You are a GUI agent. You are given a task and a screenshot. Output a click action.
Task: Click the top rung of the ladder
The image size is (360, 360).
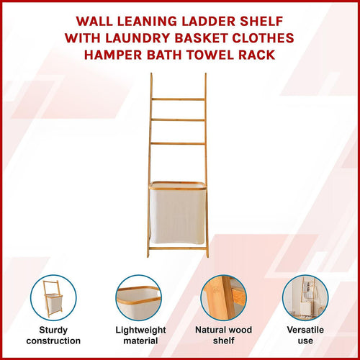tap(178, 99)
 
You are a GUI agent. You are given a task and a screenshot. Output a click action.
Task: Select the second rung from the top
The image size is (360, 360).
tap(178, 120)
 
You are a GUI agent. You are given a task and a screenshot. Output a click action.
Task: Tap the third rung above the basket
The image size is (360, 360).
tap(178, 143)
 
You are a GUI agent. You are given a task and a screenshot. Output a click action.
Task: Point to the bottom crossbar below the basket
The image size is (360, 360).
tap(178, 248)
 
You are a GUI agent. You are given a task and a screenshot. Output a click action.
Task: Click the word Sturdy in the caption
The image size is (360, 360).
tap(54, 330)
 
